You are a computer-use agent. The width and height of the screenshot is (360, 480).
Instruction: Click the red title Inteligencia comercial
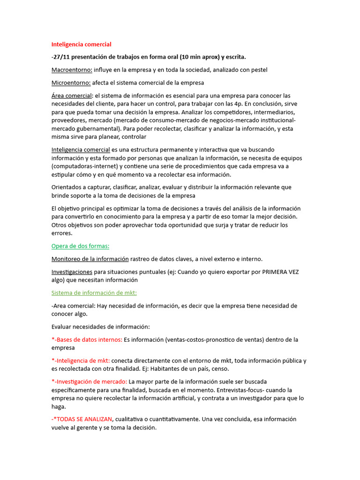[81, 45]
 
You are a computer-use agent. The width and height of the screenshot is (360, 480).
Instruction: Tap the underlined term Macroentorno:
[71, 70]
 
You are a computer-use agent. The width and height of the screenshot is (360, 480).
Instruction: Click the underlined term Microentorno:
[71, 83]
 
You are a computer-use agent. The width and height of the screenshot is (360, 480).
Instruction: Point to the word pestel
[259, 70]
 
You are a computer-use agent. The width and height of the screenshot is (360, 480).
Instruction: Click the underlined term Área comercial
[71, 96]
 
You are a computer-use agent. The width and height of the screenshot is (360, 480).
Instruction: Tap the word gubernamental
[97, 128]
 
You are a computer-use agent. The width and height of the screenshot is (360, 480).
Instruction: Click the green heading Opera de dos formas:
[80, 246]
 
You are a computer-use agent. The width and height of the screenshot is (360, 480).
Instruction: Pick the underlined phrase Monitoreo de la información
[90, 259]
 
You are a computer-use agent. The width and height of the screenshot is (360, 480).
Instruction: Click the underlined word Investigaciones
[72, 272]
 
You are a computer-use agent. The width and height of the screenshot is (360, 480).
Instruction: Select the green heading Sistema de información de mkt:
[94, 293]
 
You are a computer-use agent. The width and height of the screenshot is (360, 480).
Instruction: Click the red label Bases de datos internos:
[87, 339]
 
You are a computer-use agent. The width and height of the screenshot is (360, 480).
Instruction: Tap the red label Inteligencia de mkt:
[81, 360]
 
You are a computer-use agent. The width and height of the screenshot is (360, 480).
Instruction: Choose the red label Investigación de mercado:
[89, 382]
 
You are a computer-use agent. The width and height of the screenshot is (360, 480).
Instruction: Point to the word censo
[220, 369]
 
